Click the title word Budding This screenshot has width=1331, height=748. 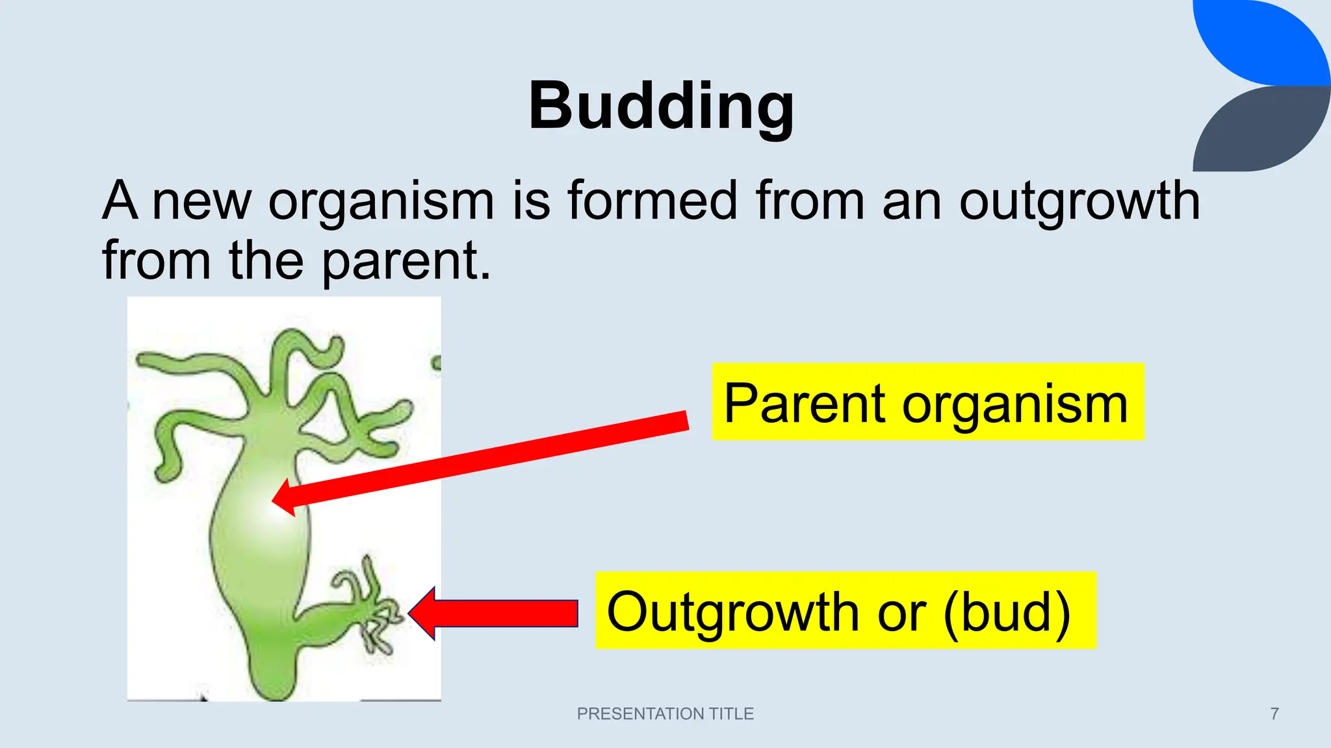(x=661, y=106)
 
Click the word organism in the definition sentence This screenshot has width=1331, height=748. (x=381, y=201)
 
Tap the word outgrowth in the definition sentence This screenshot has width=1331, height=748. (x=1079, y=201)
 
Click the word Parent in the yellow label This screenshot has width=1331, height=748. (x=805, y=403)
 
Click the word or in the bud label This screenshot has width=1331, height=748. (x=901, y=612)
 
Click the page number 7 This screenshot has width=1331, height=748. (x=1274, y=714)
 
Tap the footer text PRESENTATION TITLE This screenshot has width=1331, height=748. (x=665, y=714)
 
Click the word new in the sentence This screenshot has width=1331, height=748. (x=201, y=201)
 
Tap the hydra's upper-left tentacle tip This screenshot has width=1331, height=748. (x=142, y=359)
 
